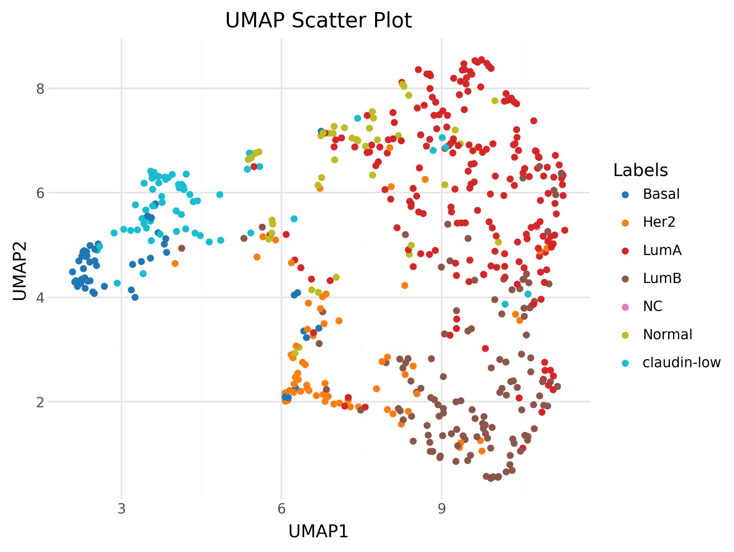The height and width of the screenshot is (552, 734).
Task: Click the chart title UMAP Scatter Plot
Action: tap(318, 20)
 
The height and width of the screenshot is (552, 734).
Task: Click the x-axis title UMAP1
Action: tap(318, 532)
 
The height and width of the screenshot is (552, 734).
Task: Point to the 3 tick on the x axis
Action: tap(121, 509)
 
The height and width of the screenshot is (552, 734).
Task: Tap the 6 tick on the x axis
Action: tap(281, 509)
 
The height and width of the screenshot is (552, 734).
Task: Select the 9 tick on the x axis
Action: tap(441, 509)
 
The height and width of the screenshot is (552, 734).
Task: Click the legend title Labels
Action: tap(641, 170)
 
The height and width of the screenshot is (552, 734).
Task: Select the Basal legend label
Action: tap(661, 194)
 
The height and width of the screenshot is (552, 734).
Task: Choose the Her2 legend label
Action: tap(659, 222)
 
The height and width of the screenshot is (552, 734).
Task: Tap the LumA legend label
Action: tap(662, 250)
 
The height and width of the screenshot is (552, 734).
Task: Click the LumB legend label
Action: tap(662, 278)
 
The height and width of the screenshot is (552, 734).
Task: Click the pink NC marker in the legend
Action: tap(625, 306)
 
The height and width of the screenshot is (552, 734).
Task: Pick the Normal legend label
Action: tap(667, 334)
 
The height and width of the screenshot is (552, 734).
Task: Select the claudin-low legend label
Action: tap(681, 363)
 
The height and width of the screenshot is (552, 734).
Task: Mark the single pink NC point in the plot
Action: tap(537, 227)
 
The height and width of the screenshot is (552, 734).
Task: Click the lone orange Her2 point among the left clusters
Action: tap(175, 263)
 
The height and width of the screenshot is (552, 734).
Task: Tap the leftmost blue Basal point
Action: tap(73, 272)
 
